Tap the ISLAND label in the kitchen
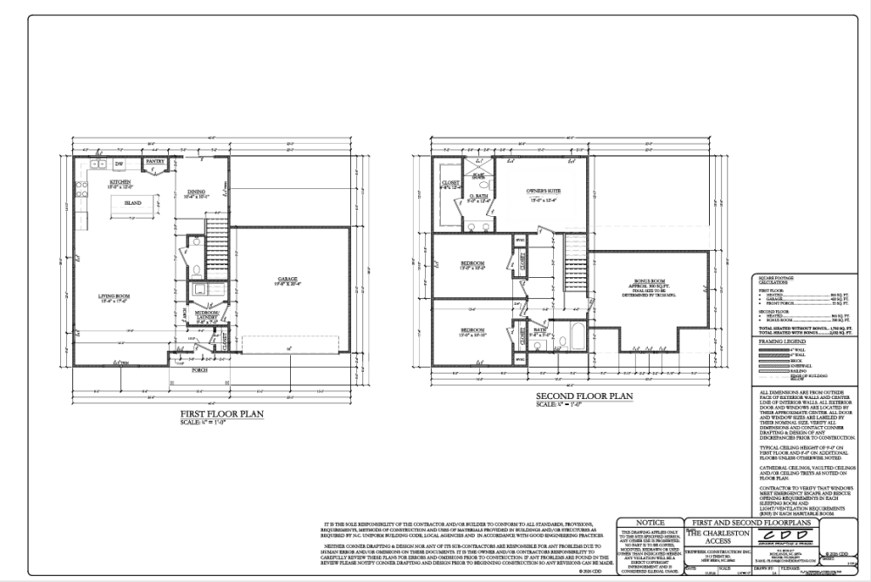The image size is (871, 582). tap(132, 202)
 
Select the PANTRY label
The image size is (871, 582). tap(155, 161)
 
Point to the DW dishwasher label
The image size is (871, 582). tap(119, 163)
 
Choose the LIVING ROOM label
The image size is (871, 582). tap(113, 296)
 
